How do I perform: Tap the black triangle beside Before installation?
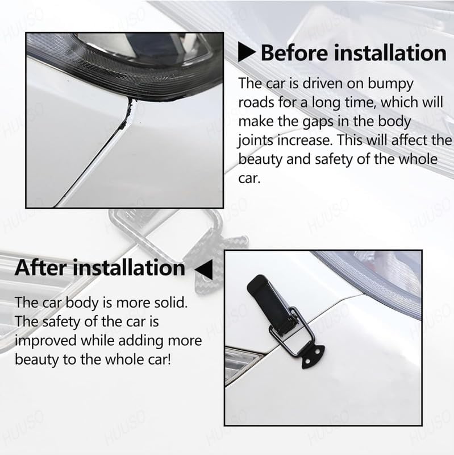pyautogui.click(x=247, y=53)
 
